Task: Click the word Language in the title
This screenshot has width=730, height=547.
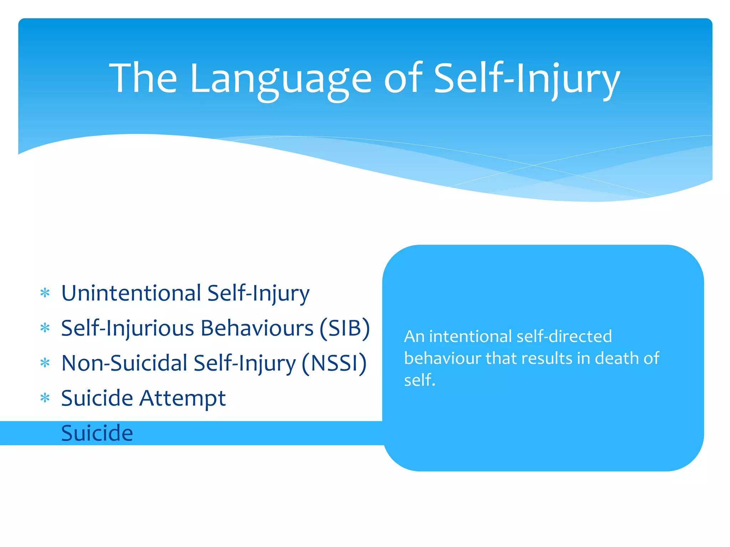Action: pyautogui.click(x=281, y=79)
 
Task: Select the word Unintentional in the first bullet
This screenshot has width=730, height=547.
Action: pyautogui.click(x=131, y=293)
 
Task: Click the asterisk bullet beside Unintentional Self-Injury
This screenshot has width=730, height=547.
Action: pyautogui.click(x=45, y=293)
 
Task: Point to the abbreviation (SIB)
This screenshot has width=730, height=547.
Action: pyautogui.click(x=345, y=328)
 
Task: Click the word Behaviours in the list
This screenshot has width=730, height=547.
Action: pyautogui.click(x=257, y=328)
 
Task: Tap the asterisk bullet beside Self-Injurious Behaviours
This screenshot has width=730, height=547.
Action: pyautogui.click(x=45, y=328)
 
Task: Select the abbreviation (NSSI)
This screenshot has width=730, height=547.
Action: pyautogui.click(x=334, y=363)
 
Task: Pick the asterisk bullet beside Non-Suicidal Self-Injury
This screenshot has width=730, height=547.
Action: pyautogui.click(x=45, y=363)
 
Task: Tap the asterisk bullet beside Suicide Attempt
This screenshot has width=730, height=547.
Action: pyautogui.click(x=45, y=398)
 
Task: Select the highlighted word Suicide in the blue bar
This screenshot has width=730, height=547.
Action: pyautogui.click(x=97, y=433)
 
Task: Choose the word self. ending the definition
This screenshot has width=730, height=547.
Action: pyautogui.click(x=420, y=380)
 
